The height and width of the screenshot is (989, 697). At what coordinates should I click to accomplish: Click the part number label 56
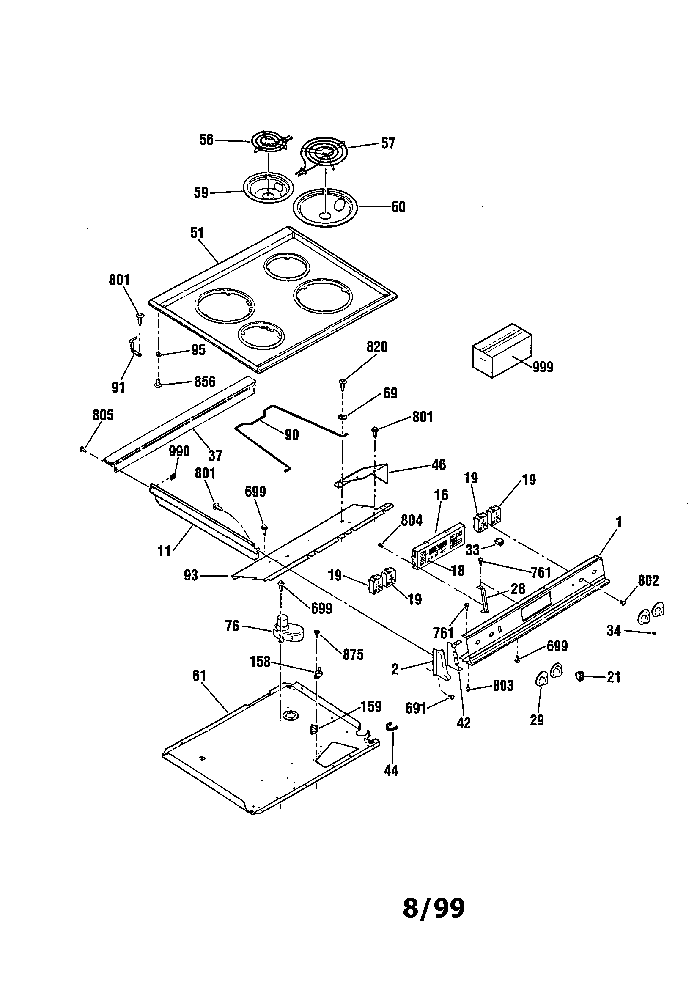tap(206, 140)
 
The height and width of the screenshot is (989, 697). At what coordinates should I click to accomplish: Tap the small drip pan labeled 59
tap(268, 189)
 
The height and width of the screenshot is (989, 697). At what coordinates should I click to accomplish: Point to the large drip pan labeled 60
tap(325, 208)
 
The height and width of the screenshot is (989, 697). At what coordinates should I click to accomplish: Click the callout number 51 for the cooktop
tap(197, 233)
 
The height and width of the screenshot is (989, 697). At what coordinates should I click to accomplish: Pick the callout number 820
tap(377, 347)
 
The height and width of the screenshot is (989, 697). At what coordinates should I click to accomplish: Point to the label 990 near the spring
tap(179, 451)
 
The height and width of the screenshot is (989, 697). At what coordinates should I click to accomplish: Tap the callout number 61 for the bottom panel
tap(199, 676)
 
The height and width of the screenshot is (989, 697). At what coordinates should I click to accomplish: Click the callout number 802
tap(648, 581)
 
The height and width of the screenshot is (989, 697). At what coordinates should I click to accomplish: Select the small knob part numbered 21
tap(580, 677)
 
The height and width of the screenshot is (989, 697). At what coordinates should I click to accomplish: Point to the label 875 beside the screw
tap(353, 655)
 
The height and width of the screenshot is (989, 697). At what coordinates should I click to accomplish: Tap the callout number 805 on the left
tap(103, 415)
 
